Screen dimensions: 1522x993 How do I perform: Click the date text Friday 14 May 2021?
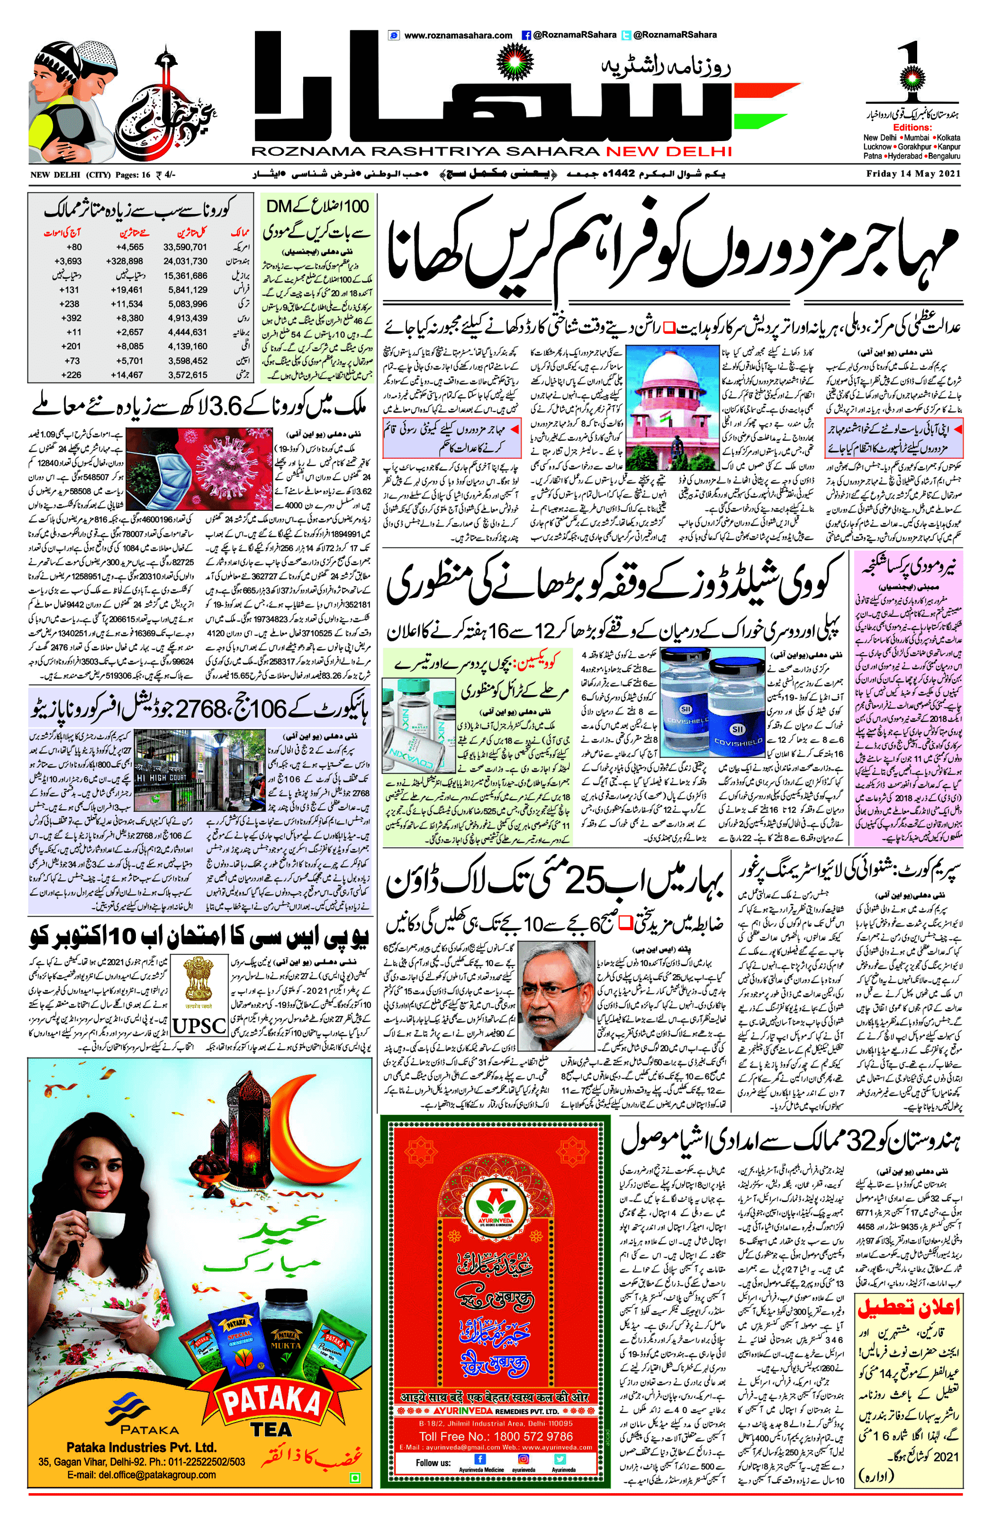[913, 173]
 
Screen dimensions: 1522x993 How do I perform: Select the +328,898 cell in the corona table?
[126, 261]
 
